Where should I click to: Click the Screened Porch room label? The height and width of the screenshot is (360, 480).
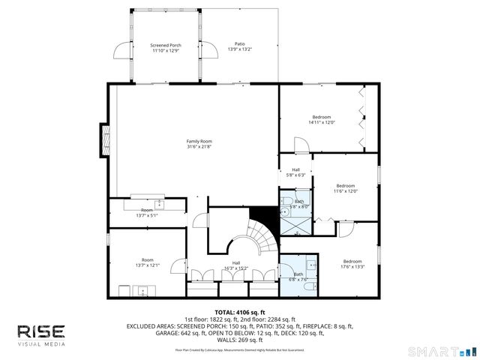(166, 47)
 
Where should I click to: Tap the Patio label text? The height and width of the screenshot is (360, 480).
(240, 47)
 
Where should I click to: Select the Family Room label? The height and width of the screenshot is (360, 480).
(199, 143)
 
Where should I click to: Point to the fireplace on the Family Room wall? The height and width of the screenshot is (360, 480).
(105, 139)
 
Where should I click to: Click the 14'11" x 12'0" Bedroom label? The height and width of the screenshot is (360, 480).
(322, 119)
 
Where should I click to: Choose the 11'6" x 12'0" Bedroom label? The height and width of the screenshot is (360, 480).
(345, 187)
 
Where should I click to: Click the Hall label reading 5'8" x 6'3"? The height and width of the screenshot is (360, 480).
(295, 172)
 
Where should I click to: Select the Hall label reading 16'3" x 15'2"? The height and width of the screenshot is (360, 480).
(235, 265)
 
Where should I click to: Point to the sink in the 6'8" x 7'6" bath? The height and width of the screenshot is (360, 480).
(310, 264)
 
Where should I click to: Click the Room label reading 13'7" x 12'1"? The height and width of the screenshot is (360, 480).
(147, 262)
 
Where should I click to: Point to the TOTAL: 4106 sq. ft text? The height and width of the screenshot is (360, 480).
(239, 311)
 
